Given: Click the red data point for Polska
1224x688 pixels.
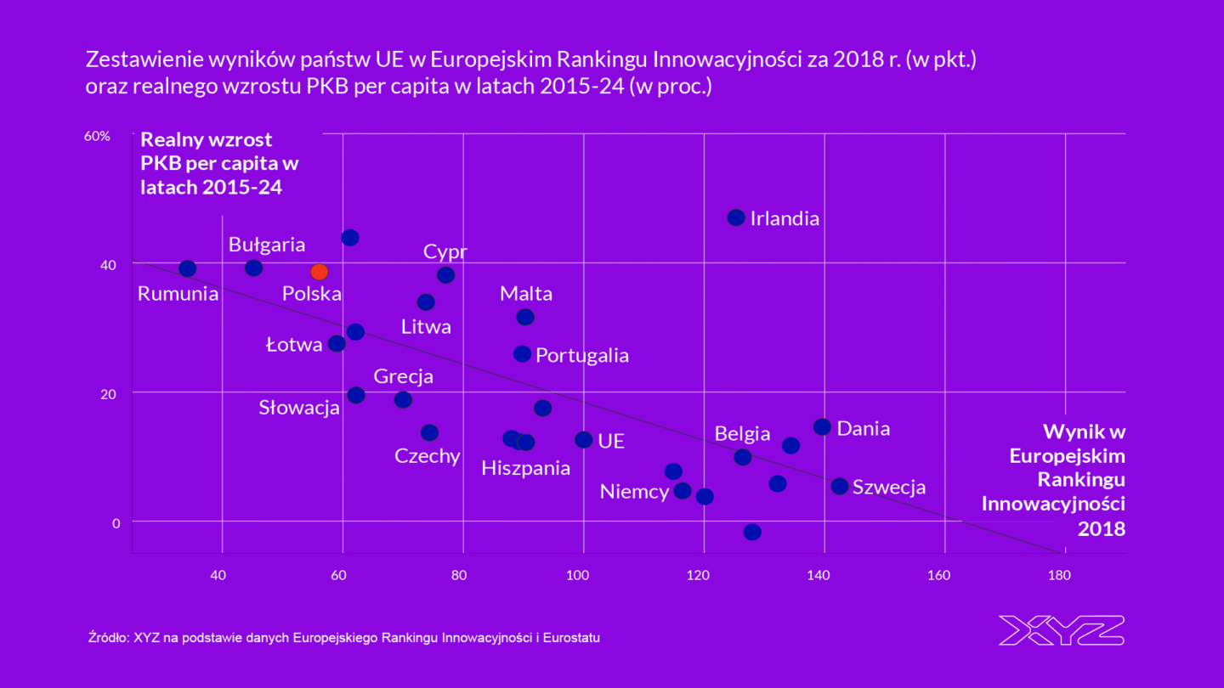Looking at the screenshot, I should click(319, 272).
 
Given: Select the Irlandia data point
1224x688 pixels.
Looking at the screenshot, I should click(736, 217).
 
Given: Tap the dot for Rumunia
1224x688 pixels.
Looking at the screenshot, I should click(188, 268).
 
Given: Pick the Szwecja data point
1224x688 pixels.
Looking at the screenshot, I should click(839, 486).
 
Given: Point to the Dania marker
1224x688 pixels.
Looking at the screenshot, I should click(822, 426).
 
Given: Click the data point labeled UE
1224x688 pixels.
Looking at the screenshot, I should click(583, 439).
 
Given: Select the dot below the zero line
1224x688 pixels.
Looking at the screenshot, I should click(752, 532).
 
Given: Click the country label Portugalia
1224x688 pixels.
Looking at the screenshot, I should click(582, 355).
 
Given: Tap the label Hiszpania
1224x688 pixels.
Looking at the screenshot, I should click(525, 468).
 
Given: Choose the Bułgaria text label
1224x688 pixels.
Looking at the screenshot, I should click(267, 245).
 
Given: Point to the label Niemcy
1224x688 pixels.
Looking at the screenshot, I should click(634, 491).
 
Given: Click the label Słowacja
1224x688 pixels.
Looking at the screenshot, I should click(299, 408).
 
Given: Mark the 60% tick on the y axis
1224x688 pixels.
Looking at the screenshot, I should click(98, 136).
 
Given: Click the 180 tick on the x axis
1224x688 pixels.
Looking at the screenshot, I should click(1058, 575).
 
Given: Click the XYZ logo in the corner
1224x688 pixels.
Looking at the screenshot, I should click(1061, 630).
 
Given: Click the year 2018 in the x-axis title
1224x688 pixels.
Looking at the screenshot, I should click(1102, 528).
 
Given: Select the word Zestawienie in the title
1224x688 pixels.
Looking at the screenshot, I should click(139, 60).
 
